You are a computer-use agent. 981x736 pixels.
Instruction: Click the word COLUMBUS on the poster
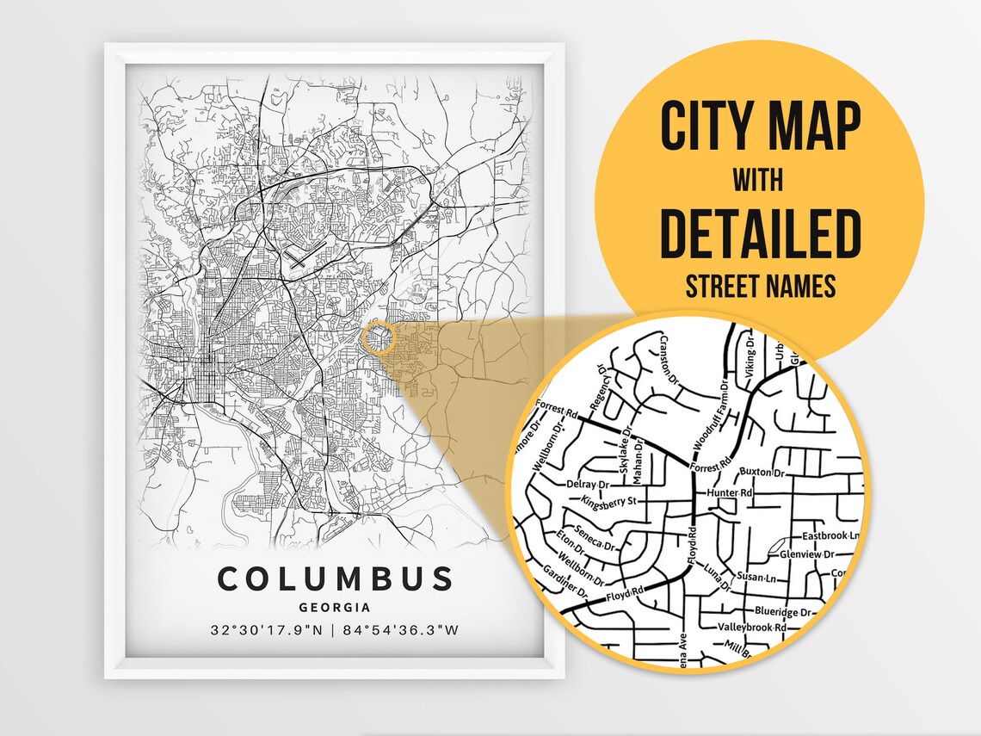[335, 578]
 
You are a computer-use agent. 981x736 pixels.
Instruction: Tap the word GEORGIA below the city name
[335, 608]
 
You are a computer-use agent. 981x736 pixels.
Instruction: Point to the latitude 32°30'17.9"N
[267, 630]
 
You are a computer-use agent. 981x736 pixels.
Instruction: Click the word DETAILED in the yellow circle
[761, 233]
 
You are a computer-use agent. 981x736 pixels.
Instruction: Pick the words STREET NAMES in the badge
[761, 287]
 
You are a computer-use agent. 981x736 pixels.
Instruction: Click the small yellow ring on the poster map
[378, 337]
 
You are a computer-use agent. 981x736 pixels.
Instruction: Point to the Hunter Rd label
[729, 493]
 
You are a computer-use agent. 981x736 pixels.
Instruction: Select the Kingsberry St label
[608, 501]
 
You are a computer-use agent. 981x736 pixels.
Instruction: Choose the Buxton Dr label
[763, 473]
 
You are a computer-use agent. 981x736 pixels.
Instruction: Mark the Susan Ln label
[756, 574]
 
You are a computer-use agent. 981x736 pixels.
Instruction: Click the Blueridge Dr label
[782, 612]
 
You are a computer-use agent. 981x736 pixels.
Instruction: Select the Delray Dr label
[588, 484]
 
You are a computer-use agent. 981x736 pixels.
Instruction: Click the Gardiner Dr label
[565, 583]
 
